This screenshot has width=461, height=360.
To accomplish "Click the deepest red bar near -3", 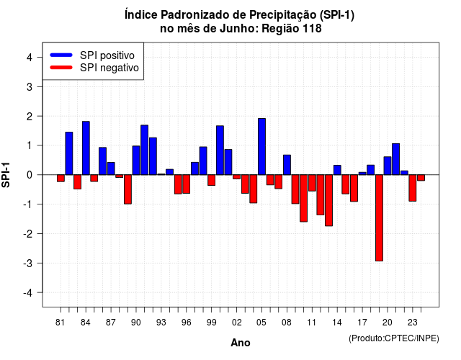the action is click(x=380, y=217).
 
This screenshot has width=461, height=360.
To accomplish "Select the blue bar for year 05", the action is click(x=261, y=147).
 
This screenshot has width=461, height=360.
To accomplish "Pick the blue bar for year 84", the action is click(x=86, y=148).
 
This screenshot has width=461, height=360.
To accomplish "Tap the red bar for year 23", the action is click(x=413, y=188).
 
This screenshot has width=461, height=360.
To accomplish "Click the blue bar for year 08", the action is click(x=287, y=165).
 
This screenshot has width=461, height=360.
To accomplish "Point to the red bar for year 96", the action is click(x=187, y=184).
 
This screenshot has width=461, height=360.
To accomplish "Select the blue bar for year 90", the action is click(x=136, y=161).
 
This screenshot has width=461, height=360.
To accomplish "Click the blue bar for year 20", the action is click(x=388, y=166).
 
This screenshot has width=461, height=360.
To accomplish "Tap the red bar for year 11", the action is click(x=312, y=183).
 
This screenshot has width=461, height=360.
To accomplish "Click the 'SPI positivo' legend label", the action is click(x=107, y=55).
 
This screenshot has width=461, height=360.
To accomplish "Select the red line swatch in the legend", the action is click(x=61, y=68).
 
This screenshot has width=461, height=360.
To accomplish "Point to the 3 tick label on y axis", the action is click(x=30, y=86).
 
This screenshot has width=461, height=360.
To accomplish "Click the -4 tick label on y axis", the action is click(x=28, y=292).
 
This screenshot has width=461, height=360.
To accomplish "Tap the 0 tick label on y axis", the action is click(x=30, y=175).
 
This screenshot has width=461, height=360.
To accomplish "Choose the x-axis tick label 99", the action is click(x=211, y=323).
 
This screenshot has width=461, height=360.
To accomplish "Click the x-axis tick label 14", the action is click(x=337, y=323).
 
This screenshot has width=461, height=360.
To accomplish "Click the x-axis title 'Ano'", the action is click(x=241, y=343).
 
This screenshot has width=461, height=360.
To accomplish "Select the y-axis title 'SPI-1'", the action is click(x=6, y=175).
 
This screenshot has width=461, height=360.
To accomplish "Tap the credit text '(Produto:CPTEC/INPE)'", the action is click(x=394, y=338).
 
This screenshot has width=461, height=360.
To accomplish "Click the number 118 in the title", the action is click(x=313, y=29).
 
